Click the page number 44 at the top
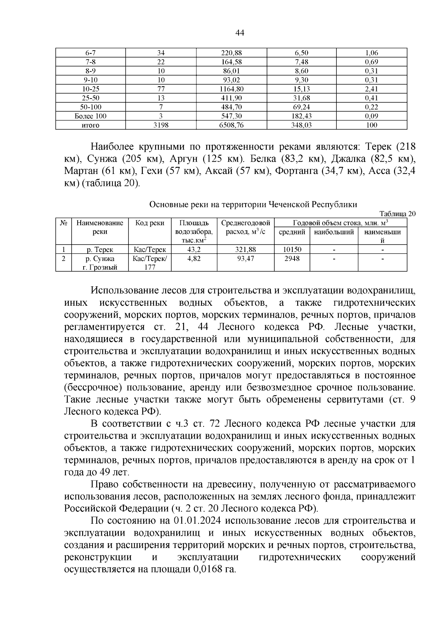240,33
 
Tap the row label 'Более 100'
90,116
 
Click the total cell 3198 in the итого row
161,125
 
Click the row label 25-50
90,98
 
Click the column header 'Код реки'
150,223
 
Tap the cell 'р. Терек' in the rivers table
100,250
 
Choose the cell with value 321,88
245,250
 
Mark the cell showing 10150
292,250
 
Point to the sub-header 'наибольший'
334,232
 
